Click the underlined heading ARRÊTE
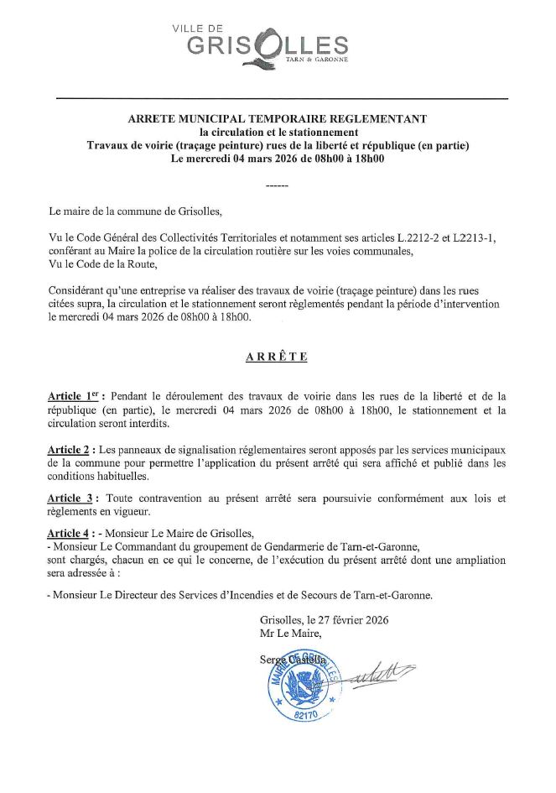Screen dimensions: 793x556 (x=277, y=357)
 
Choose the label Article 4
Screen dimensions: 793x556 (x=71, y=532)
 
